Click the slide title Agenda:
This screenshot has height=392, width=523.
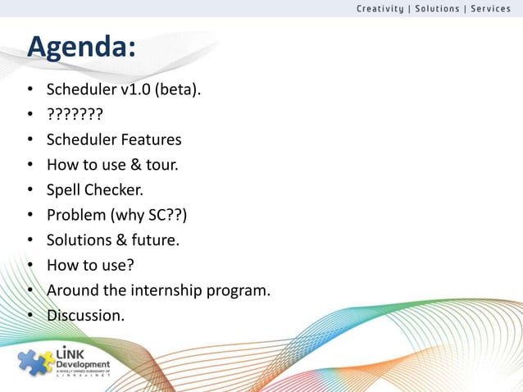click(80, 48)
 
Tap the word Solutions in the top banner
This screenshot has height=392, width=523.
click(438, 9)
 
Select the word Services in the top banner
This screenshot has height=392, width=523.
click(490, 9)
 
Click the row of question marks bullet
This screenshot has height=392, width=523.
click(75, 113)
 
